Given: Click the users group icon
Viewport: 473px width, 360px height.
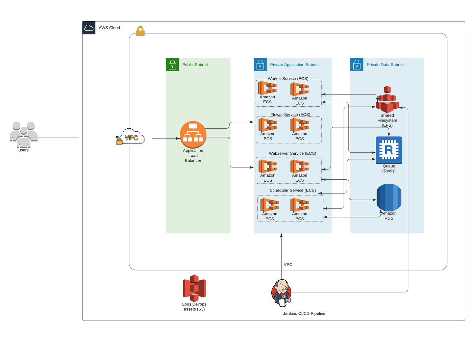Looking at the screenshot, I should [24, 134].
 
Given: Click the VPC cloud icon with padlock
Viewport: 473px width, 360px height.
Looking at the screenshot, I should [132, 137].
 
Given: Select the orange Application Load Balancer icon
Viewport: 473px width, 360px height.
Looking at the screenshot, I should [193, 134].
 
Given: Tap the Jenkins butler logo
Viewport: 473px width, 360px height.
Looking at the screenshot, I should [281, 292].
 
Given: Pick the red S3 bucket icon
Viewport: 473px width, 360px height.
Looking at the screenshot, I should [194, 288].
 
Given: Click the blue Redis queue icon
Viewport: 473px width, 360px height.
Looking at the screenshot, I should [389, 150].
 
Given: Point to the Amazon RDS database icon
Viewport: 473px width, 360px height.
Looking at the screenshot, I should [389, 197].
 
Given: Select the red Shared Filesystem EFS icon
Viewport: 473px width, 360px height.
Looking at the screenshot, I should [387, 100].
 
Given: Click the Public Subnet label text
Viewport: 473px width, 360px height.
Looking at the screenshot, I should [195, 65].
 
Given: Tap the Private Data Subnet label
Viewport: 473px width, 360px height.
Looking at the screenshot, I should [385, 65].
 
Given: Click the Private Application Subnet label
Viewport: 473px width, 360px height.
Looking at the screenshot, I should [294, 65].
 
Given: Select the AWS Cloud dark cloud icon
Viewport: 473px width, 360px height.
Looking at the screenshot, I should [89, 28].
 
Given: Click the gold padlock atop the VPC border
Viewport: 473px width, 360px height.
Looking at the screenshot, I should [140, 31].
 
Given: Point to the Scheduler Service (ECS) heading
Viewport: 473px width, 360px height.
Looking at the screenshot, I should [293, 190].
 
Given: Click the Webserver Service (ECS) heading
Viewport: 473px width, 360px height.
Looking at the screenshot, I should [292, 153].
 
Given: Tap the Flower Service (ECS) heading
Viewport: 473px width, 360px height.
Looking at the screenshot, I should [290, 115].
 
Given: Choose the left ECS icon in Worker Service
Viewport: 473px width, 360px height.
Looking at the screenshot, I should [267, 88].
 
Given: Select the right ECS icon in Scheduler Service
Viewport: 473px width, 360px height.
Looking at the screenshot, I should [299, 205].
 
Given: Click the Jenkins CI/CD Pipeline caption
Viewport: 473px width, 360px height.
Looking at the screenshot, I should [304, 313].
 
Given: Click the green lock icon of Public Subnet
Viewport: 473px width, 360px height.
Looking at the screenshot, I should [172, 65].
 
